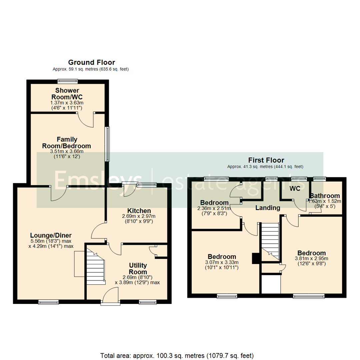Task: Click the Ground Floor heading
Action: pyautogui.click(x=92, y=62)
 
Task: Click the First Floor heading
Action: pyautogui.click(x=266, y=160)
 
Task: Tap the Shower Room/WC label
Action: pyautogui.click(x=67, y=94)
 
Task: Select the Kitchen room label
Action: pyautogui.click(x=139, y=211)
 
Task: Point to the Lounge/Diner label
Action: pyautogui.click(x=51, y=235)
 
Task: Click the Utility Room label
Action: pyautogui.click(x=138, y=269)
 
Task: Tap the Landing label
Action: pyautogui.click(x=268, y=208)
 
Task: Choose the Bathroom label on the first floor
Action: pyautogui.click(x=325, y=196)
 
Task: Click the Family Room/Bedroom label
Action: pyautogui.click(x=67, y=143)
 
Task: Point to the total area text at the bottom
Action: pyautogui.click(x=177, y=356)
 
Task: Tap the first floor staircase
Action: pyautogui.click(x=270, y=242)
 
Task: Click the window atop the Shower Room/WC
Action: pyautogui.click(x=67, y=81)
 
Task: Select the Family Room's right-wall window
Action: pyautogui.click(x=107, y=144)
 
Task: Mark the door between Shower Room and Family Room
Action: pyautogui.click(x=86, y=120)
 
